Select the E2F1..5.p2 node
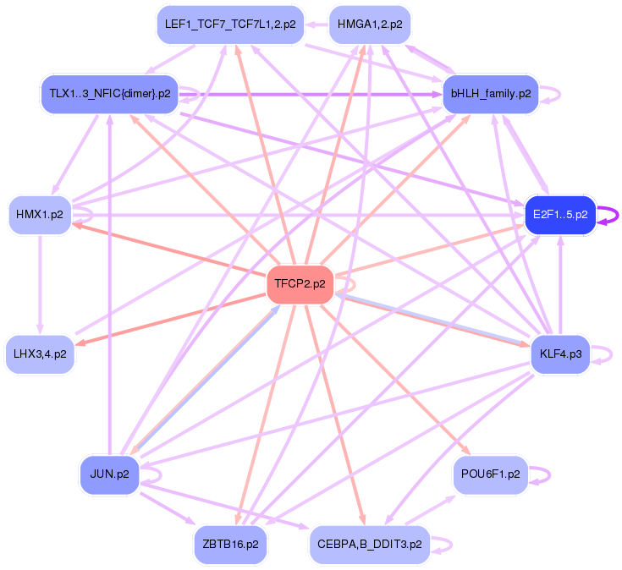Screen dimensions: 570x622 point(559,215)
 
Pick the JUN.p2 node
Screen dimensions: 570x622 point(108,474)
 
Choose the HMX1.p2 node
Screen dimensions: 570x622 point(39,215)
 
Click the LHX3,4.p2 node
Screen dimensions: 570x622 point(39,354)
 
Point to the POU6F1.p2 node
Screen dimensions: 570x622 point(490,474)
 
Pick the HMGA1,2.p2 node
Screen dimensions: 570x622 point(369,25)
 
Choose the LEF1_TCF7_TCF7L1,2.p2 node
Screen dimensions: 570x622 point(230,25)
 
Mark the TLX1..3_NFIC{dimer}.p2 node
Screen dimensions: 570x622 point(110,94)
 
